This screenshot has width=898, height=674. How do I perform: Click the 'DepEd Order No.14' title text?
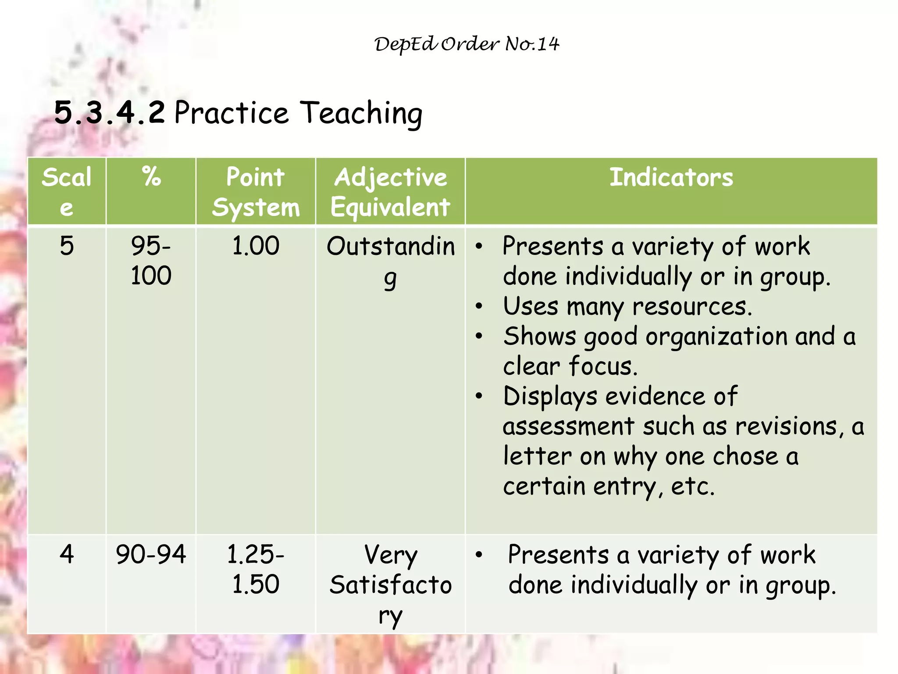point(467,44)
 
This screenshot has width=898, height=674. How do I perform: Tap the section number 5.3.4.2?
point(110,112)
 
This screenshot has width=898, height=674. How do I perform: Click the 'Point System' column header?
point(256,192)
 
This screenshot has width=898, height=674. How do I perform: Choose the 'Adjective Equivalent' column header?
point(390,192)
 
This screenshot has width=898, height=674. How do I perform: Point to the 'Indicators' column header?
point(671,177)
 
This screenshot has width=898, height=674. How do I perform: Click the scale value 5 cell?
point(67,246)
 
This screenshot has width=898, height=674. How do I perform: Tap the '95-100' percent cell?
point(151,260)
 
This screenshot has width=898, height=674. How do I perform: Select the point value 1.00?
point(256,246)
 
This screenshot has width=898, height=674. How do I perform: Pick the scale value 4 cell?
point(67,554)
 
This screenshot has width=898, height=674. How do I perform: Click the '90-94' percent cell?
point(151,554)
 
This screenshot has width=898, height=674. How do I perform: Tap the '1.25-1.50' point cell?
point(256,569)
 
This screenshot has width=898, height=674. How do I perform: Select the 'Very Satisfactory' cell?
point(390,584)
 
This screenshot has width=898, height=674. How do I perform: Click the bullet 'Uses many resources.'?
point(627,306)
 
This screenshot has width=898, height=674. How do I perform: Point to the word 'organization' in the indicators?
point(716,337)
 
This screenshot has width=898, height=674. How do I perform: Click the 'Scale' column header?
point(67,192)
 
